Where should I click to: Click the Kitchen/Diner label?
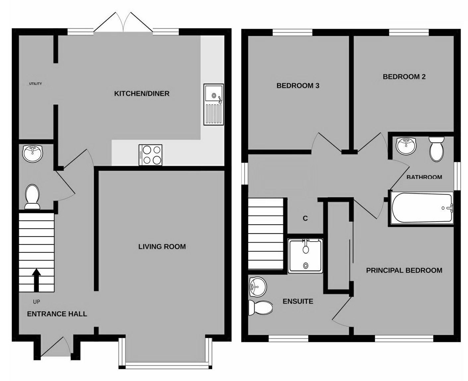pos(142,94)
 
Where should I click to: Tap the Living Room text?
pos(162,246)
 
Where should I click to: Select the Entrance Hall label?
pos(57,314)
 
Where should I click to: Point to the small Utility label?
pos(35,84)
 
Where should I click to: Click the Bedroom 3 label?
pos(298,86)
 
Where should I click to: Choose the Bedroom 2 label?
pos(404,77)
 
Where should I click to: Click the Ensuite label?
pos(298,301)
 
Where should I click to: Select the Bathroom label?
pos(424,177)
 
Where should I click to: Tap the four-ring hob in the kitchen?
pos(150,155)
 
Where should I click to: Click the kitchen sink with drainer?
pos(213,105)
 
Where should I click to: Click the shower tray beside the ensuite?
pos(305,256)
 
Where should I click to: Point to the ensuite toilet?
pos(261,308)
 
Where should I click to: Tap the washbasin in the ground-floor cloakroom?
pos(33,153)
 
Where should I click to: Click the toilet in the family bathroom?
pos(437,149)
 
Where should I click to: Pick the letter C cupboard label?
pos(305,219)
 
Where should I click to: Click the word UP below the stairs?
pos(36,302)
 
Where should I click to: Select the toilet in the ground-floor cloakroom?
pos(32,197)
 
